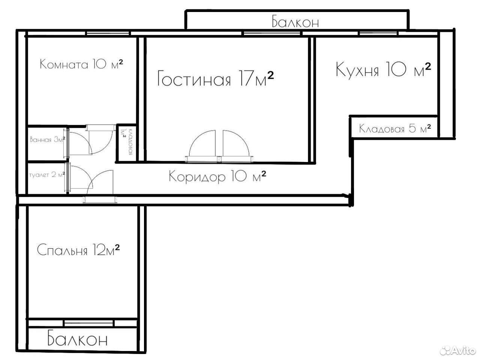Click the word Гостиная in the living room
click(194, 78)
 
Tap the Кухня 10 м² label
click(383, 69)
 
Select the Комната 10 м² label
click(81, 64)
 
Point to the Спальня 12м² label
click(78, 250)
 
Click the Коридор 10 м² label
click(217, 176)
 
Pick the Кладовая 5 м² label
click(395, 129)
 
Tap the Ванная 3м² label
click(48, 139)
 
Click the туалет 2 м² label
click(47, 175)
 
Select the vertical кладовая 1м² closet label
click(127, 141)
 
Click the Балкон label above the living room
click(295, 22)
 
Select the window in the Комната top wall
click(108, 33)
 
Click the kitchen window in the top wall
click(378, 33)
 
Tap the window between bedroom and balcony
click(89, 323)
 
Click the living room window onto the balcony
click(272, 33)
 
